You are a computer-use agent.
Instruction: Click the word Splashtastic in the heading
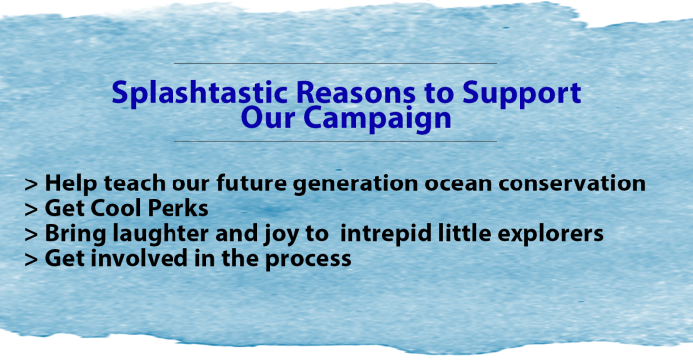180,95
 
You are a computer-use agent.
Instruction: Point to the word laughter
163,234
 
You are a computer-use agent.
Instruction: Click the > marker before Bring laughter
32,235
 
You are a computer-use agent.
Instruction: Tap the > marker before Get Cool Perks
32,210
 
